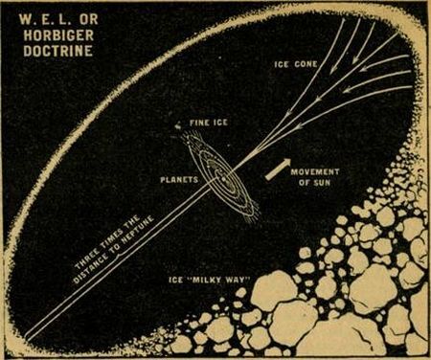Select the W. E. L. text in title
click(39, 15)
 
